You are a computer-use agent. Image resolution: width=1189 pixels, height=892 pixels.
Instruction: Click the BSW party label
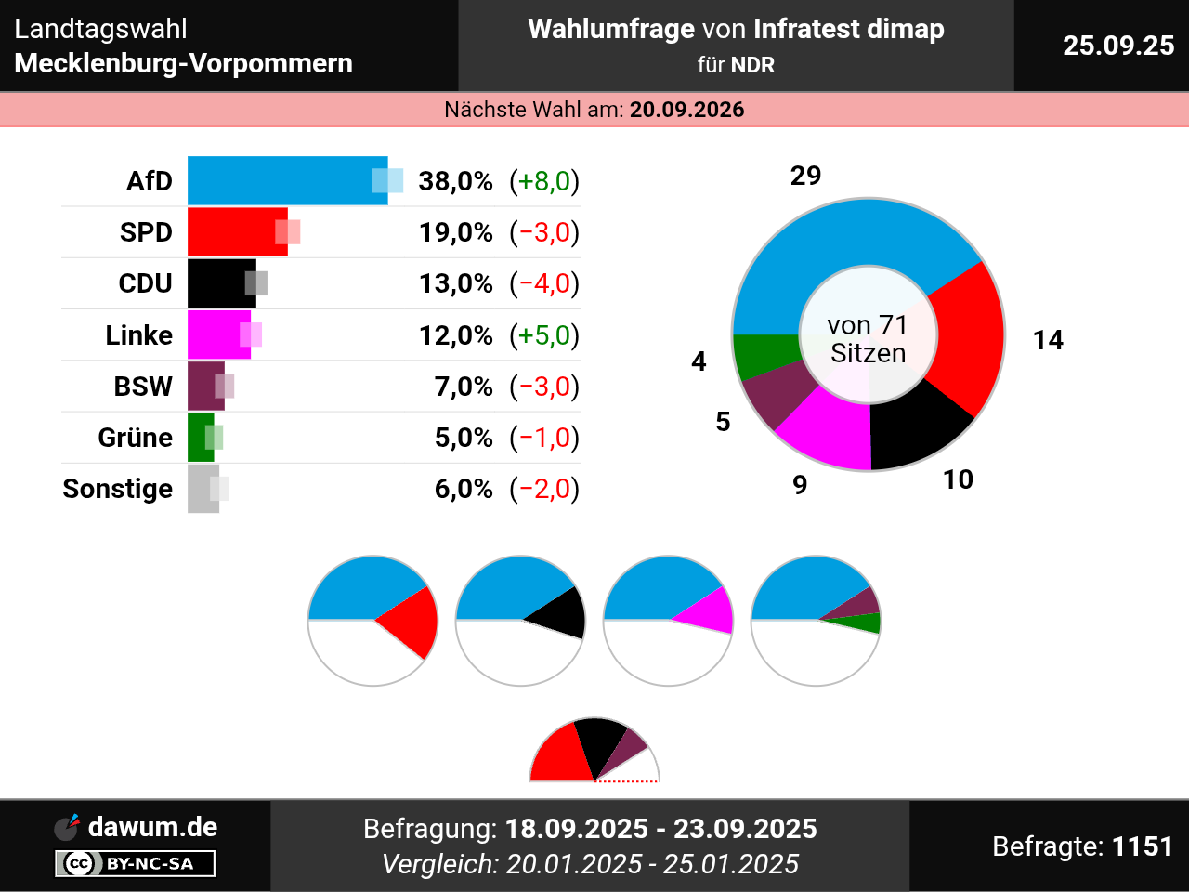click(143, 386)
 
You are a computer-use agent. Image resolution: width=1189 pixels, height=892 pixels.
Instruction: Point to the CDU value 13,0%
click(455, 283)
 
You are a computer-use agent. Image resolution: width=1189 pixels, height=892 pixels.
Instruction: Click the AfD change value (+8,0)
click(544, 180)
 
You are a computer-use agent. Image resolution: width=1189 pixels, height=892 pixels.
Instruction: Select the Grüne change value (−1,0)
click(544, 438)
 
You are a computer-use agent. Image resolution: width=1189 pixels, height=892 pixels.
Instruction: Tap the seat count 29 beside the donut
click(805, 176)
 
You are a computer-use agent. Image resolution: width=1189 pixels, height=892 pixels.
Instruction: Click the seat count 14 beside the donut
click(1048, 340)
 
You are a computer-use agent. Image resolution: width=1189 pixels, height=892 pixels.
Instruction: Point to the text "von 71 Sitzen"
click(868, 339)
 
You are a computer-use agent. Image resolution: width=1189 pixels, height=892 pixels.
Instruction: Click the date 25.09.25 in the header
click(1118, 46)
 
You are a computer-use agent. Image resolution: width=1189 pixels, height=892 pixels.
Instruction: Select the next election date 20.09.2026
click(686, 110)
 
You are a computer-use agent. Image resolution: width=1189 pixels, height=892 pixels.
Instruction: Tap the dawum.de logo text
click(152, 827)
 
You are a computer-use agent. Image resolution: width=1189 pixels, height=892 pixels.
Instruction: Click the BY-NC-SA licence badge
click(136, 864)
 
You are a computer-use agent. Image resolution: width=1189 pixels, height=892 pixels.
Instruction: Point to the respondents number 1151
click(1143, 846)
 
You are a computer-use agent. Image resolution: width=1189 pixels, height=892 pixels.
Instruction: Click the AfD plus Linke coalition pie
click(668, 620)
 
